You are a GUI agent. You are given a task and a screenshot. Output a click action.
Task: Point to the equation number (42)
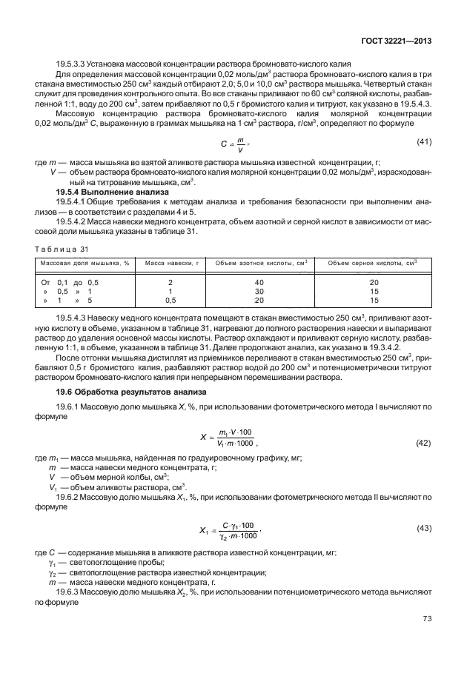[422, 442]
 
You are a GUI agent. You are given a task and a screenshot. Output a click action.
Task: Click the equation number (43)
[422, 528]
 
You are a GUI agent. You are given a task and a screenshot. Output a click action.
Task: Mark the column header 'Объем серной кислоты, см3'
[373, 263]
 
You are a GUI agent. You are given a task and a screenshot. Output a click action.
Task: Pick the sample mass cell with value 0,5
[170, 301]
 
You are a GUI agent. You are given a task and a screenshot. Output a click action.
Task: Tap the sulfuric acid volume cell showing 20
[374, 283]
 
